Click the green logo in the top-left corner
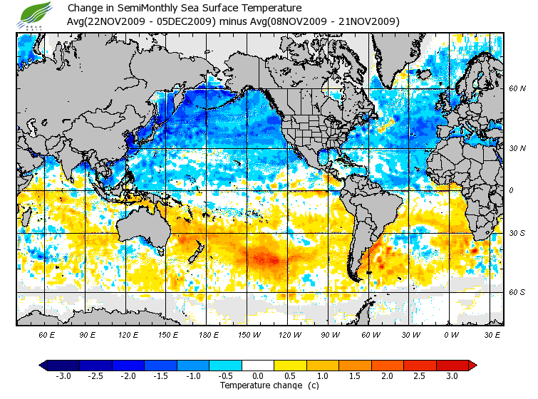[36, 14]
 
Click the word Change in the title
[84, 8]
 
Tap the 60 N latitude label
[517, 89]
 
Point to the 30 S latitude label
[517, 233]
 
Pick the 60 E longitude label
[47, 334]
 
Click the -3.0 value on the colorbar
[63, 376]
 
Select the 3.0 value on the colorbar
[452, 376]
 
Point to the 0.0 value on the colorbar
[257, 376]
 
